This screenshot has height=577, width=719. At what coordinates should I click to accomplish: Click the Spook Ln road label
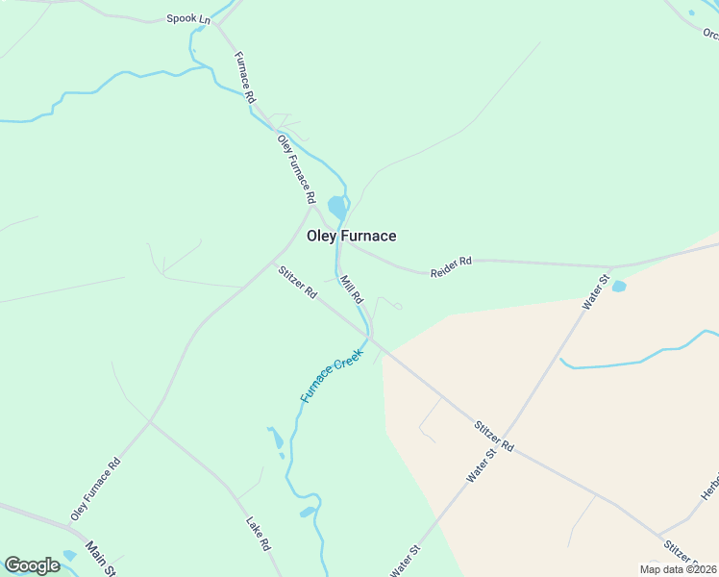coord(187,18)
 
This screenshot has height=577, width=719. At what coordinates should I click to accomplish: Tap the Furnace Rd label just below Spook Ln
coord(245,77)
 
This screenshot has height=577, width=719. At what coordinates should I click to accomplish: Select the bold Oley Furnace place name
coord(351,236)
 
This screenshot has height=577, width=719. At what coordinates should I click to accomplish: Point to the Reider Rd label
coord(451,266)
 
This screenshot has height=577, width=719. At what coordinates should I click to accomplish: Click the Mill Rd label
coord(350,291)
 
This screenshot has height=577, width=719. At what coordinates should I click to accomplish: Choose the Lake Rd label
coord(259,534)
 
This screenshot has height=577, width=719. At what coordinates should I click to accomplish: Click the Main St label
coord(100,558)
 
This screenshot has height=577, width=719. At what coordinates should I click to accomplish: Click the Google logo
coord(32,565)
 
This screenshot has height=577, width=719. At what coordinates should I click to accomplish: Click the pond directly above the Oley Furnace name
coord(336,207)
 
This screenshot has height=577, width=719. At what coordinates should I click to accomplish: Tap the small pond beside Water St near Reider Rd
coord(619,287)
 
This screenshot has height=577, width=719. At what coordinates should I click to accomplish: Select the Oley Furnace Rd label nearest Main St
coord(95,489)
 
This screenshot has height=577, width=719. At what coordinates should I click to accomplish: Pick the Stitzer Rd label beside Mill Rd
coord(297,282)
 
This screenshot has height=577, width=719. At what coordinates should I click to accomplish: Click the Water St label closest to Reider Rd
coord(596,292)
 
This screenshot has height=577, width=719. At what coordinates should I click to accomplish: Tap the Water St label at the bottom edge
coord(406,560)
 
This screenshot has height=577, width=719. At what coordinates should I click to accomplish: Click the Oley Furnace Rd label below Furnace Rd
coord(296,168)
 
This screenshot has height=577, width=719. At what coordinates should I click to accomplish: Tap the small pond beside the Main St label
coord(68,556)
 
